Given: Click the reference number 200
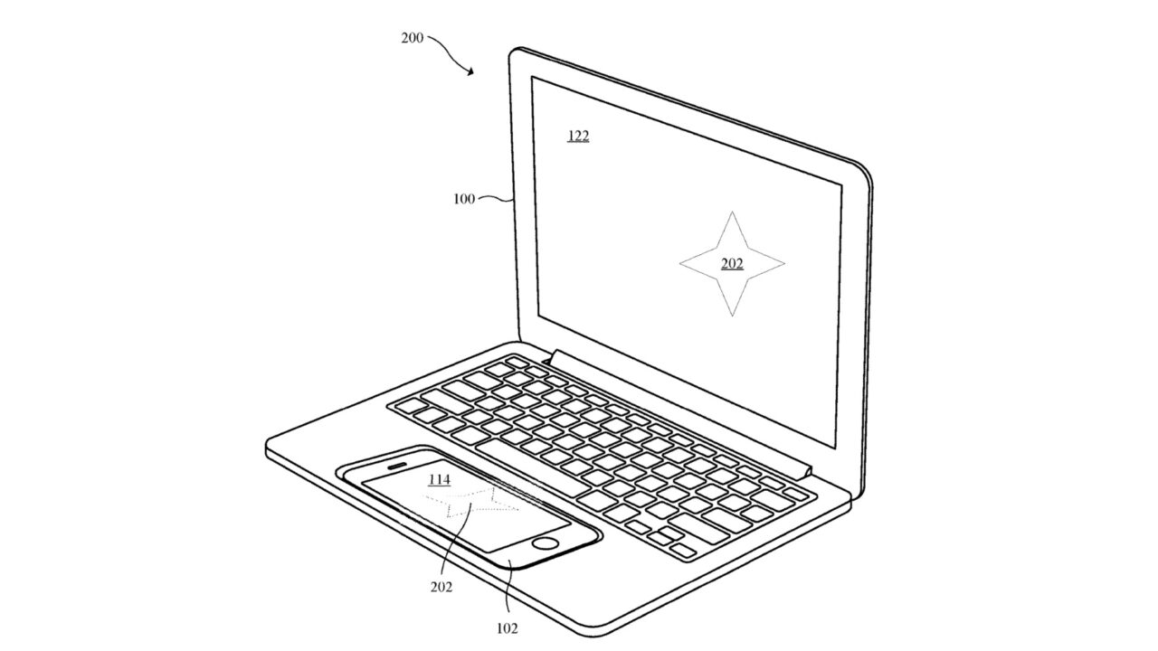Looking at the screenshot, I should [x=412, y=38].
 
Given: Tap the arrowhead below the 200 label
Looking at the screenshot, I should [x=470, y=72].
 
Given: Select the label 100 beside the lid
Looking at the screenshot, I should [x=464, y=199].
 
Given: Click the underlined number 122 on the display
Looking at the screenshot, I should [x=578, y=137].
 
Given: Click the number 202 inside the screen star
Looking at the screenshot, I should [x=732, y=264].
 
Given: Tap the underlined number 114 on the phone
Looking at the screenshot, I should [x=439, y=480].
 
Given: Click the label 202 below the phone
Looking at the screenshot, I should [x=441, y=587].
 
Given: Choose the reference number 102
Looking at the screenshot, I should [x=507, y=628].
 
